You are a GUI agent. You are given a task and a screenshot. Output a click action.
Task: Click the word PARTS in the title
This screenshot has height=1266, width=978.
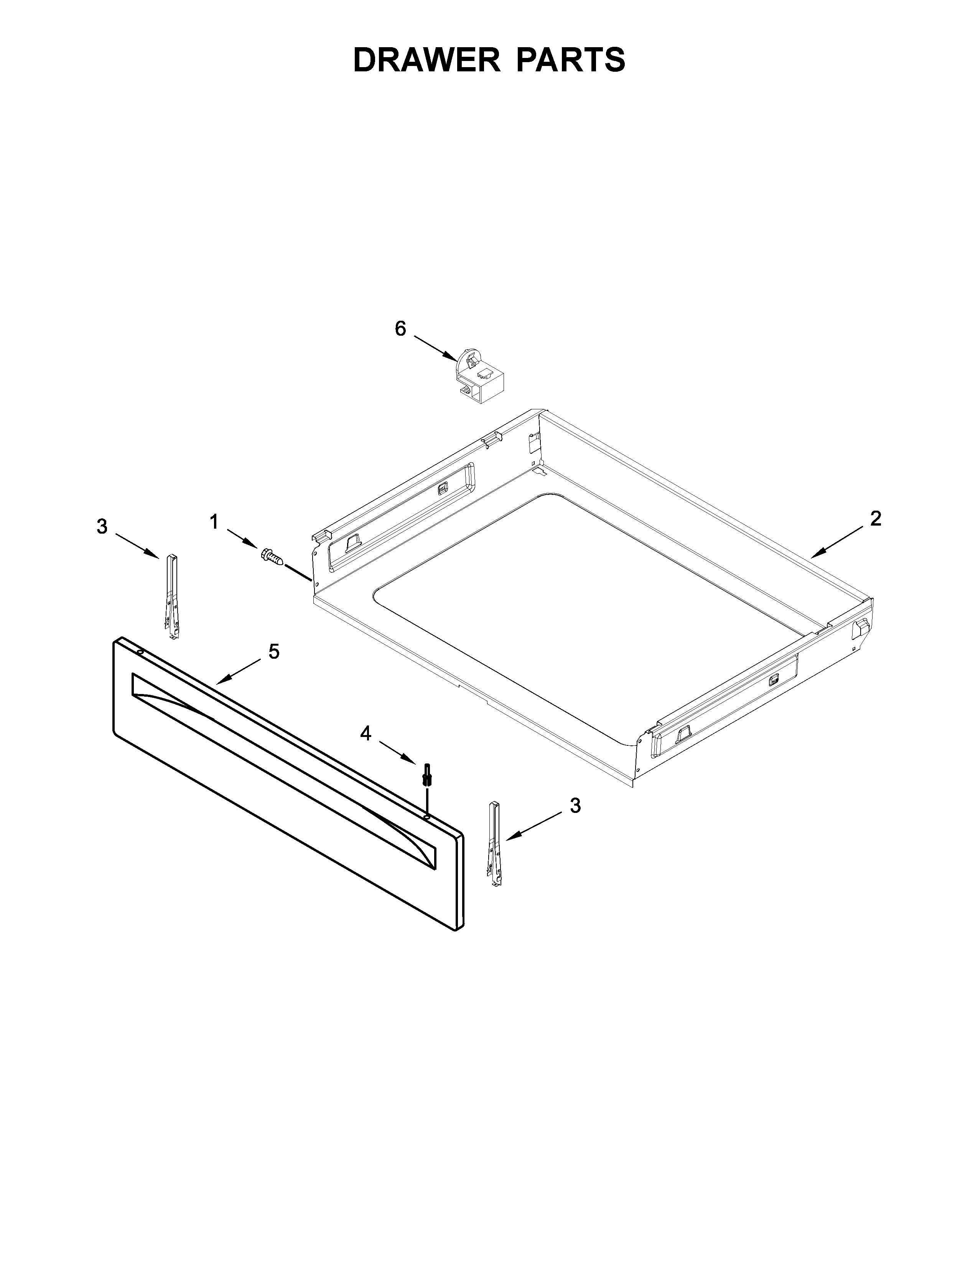(x=571, y=60)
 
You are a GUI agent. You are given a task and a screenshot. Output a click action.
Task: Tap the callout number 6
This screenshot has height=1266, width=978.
(x=400, y=329)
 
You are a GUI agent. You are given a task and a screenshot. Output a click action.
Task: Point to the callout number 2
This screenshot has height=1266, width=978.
(x=876, y=518)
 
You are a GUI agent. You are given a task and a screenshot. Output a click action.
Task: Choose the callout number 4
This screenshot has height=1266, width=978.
(x=365, y=734)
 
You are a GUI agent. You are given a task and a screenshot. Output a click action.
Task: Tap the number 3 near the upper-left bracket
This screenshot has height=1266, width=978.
(x=102, y=526)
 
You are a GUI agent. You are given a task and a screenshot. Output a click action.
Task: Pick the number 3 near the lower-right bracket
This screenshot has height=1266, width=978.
(x=575, y=805)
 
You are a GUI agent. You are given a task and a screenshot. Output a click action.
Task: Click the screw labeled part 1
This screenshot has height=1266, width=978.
(x=272, y=557)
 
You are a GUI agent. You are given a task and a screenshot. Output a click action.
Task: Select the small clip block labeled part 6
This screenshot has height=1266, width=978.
(x=480, y=376)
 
